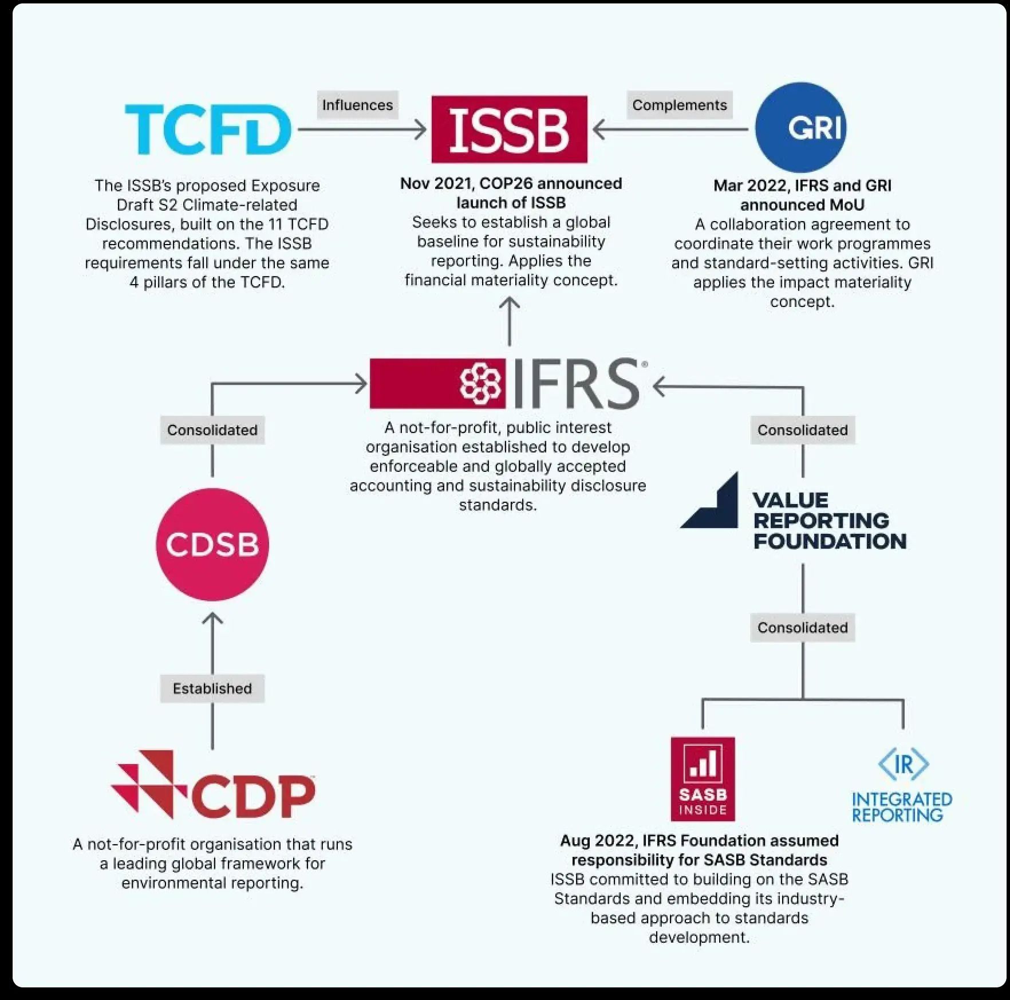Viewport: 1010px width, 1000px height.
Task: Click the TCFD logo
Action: click(208, 129)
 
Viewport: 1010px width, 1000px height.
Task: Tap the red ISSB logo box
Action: click(509, 129)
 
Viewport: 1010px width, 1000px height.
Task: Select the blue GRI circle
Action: click(800, 127)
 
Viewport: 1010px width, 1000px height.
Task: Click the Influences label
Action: click(357, 105)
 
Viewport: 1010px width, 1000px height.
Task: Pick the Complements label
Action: click(680, 105)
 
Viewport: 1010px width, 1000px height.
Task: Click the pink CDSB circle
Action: click(212, 544)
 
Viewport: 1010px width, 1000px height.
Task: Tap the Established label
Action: click(212, 688)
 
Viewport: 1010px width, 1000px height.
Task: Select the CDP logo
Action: click(213, 784)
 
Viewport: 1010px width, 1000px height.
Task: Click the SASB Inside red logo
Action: click(703, 779)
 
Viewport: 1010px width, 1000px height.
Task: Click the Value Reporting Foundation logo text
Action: click(830, 521)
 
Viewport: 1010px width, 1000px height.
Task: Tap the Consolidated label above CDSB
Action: click(212, 430)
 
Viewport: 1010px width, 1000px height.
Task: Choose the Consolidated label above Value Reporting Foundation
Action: click(803, 430)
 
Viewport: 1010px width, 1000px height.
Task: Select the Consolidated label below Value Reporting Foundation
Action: click(803, 627)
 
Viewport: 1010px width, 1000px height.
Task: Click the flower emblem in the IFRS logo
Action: click(480, 383)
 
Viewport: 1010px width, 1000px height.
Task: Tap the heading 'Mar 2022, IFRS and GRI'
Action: click(802, 186)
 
